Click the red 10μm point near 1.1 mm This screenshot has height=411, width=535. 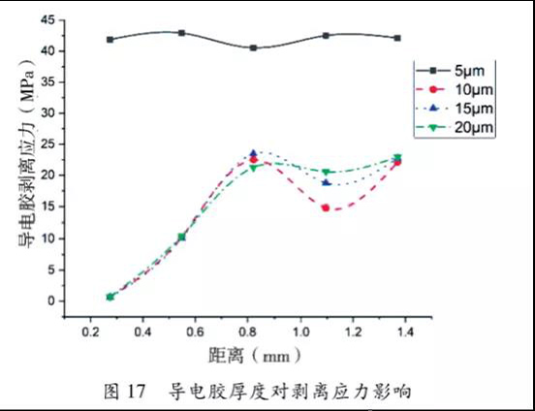(x=326, y=207)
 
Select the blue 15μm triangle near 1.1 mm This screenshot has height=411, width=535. (x=326, y=182)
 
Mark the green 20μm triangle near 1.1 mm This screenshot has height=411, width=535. (x=326, y=172)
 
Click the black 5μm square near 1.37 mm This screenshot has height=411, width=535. (x=397, y=38)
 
